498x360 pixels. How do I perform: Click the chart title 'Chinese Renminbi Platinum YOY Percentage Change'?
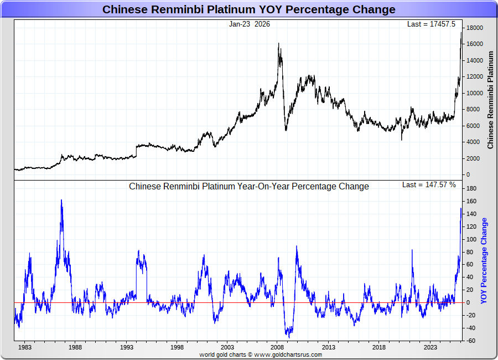[x=249, y=9]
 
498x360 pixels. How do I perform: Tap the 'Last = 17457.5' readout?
[x=431, y=24]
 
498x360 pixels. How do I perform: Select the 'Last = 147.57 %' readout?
[x=429, y=184]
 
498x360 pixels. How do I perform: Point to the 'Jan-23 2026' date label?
[x=250, y=24]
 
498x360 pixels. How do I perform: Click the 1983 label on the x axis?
[x=24, y=347]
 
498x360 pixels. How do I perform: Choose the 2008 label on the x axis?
[x=278, y=347]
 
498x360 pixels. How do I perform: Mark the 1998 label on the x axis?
[x=177, y=347]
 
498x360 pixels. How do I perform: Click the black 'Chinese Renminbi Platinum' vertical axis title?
[x=490, y=100]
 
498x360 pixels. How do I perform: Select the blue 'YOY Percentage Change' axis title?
[x=484, y=260]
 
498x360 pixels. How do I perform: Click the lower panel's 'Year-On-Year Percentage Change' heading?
[x=249, y=187]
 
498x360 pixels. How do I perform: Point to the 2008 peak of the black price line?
[x=278, y=44]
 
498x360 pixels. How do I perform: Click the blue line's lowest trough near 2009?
[x=289, y=337]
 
